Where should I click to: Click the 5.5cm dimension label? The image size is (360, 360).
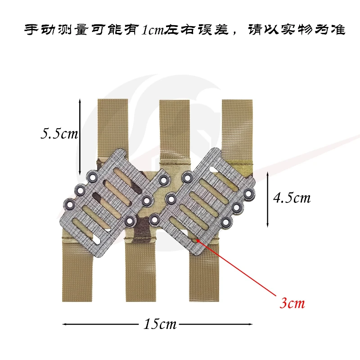point(59,133)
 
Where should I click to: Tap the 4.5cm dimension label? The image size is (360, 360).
point(292,198)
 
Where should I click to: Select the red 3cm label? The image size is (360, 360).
point(292,303)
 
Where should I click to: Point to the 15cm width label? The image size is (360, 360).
point(160,324)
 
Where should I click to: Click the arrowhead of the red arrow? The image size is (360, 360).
point(198,240)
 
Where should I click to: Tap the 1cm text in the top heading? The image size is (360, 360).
point(153,30)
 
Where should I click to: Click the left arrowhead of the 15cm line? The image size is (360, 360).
point(65,324)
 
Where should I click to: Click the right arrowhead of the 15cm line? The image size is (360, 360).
point(250,324)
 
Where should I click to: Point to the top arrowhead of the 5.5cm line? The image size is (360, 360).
point(80,101)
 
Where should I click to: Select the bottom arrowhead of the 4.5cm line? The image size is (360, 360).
point(267,225)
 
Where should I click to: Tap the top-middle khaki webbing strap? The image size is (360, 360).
point(175,131)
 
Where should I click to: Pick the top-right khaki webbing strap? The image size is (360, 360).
point(237,131)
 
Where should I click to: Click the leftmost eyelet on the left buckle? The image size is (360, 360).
point(69,204)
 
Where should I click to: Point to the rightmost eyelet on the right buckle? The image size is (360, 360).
point(249,194)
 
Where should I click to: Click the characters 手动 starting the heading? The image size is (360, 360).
point(40,29)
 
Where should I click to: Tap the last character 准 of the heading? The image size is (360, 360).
point(338,29)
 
